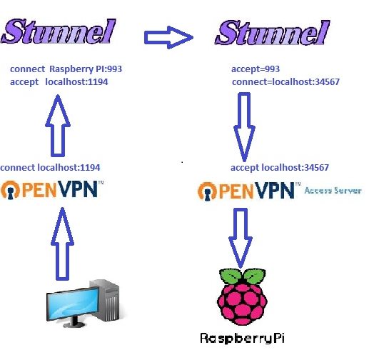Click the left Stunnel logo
pos(59,31)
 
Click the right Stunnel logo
pos(273,33)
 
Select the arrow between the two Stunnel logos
pos(168,37)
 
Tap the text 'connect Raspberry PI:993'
pos(66,69)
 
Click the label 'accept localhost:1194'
pos(59,81)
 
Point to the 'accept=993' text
pos(256,69)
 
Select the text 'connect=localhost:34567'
pos(285,82)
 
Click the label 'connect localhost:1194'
pos(50,167)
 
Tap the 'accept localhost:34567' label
pos(280,167)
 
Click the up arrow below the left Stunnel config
pos(58,126)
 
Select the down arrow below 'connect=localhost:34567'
pos(244,127)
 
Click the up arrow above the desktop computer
pos(62,244)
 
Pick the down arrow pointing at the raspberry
pos(241,239)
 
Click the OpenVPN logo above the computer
pos(52,190)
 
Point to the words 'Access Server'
pos(333,191)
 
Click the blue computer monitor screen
pos(73,303)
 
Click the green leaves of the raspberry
pos(243,276)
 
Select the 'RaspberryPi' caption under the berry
pos(242,338)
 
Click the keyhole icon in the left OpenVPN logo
pos(10,194)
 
